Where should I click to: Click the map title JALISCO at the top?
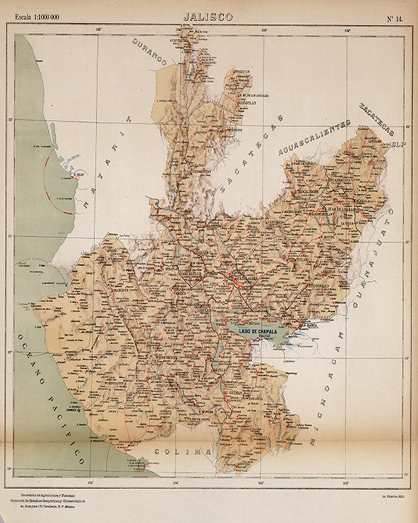[x=208, y=17]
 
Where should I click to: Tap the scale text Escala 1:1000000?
[x=37, y=17]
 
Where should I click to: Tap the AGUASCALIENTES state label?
[x=314, y=138]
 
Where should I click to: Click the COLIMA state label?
[x=183, y=452]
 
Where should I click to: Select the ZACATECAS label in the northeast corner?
[x=376, y=119]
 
